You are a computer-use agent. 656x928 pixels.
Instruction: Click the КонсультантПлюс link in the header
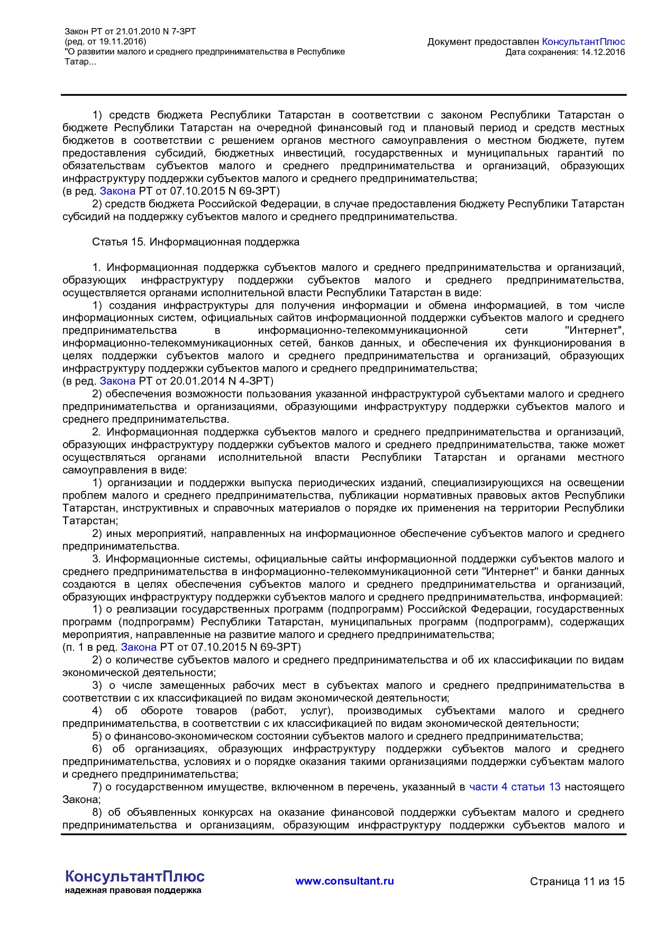pos(584,42)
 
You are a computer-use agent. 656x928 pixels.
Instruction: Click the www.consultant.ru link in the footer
pos(344,881)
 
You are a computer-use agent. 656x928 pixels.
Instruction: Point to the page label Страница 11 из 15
pos(577,881)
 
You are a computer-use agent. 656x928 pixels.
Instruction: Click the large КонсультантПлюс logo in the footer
pos(134,876)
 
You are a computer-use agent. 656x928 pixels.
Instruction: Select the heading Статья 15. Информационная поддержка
pos(196,242)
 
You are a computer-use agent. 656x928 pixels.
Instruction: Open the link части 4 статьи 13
pos(515,787)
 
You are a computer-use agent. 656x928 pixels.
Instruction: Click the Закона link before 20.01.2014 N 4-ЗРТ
pos(117,381)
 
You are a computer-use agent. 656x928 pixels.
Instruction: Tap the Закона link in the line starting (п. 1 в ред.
pos(139,647)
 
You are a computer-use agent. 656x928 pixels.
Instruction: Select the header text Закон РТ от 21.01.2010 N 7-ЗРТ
pos(130,32)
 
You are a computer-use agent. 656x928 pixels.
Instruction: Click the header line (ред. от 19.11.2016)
pos(105,42)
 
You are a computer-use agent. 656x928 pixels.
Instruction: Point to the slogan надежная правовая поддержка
pos(133,890)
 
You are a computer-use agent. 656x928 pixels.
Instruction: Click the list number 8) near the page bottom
pos(97,812)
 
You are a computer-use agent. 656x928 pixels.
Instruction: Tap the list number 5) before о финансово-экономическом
pos(97,736)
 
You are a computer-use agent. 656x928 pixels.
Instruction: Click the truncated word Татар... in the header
pos(80,62)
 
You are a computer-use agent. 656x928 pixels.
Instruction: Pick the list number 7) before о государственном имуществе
pos(97,787)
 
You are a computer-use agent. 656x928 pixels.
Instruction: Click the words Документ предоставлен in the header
pos(483,42)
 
